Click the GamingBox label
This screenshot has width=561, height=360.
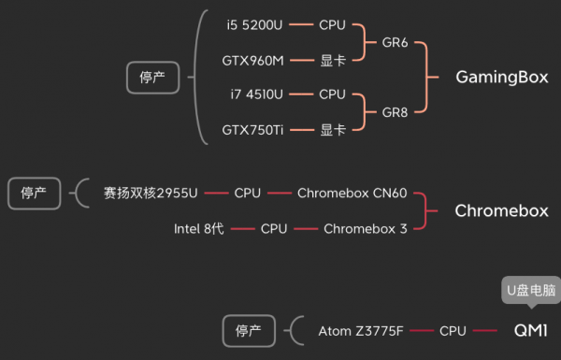pos(501,77)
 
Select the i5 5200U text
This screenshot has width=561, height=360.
pos(255,24)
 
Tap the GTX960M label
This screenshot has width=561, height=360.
pos(252,60)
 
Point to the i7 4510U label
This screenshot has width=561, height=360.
pos(256,94)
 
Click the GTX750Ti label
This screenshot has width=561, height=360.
pos(252,130)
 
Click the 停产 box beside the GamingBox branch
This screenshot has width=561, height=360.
pos(152,78)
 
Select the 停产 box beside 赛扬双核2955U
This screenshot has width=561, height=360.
pos(34,194)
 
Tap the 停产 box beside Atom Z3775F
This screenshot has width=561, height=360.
pos(249,330)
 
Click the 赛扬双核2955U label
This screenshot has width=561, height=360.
pos(151,194)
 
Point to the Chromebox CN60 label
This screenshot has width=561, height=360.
pos(352,194)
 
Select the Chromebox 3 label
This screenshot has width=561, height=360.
pos(365,228)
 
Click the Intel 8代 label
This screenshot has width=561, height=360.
pos(199,228)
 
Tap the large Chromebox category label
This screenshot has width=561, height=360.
pos(501,210)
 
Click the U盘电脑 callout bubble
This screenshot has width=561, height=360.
pos(530,290)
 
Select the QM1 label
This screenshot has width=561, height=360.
pos(530,330)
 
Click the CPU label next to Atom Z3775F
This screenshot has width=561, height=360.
pos(453,331)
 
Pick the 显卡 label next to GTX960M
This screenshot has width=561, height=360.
pos(332,60)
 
